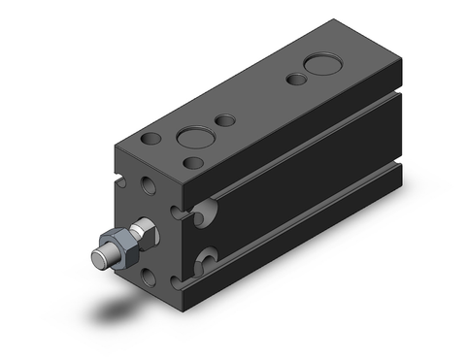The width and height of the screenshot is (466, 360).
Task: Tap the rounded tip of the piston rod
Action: click(98, 258)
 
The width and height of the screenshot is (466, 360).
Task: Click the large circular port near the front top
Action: click(192, 135)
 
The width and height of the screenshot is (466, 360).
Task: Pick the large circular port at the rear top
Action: click(320, 69)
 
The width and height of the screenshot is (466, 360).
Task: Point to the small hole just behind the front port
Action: click(226, 121)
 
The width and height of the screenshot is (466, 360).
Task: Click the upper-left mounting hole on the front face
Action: click(148, 183)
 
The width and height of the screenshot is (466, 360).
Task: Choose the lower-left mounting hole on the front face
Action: click(148, 277)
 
